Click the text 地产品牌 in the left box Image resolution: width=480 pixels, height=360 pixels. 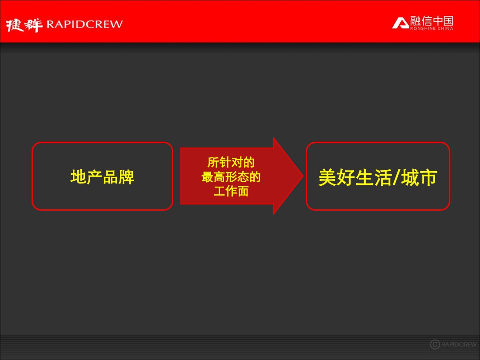(102, 177)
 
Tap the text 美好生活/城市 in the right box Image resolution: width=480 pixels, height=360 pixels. (378, 177)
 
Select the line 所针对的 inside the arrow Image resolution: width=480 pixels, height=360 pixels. (231, 163)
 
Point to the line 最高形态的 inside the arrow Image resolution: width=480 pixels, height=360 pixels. (231, 177)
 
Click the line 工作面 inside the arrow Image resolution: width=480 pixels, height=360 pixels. (231, 192)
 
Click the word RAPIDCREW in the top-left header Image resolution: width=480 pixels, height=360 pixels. (84, 24)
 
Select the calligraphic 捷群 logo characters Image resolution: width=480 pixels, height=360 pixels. (25, 25)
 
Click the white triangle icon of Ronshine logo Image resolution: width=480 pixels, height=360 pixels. (400, 23)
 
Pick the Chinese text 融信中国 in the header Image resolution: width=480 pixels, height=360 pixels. (432, 20)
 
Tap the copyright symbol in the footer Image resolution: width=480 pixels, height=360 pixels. (435, 344)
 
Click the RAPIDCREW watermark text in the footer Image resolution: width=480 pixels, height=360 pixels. (459, 344)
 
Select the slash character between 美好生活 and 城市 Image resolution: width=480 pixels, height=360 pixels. (396, 178)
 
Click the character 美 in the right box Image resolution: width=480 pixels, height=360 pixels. (327, 177)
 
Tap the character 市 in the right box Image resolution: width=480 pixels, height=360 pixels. (428, 177)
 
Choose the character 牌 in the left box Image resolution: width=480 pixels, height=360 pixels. (127, 177)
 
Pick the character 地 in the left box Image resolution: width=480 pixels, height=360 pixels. (78, 177)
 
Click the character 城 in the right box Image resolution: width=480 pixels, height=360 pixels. (409, 177)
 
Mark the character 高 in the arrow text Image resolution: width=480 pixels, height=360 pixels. (219, 177)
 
